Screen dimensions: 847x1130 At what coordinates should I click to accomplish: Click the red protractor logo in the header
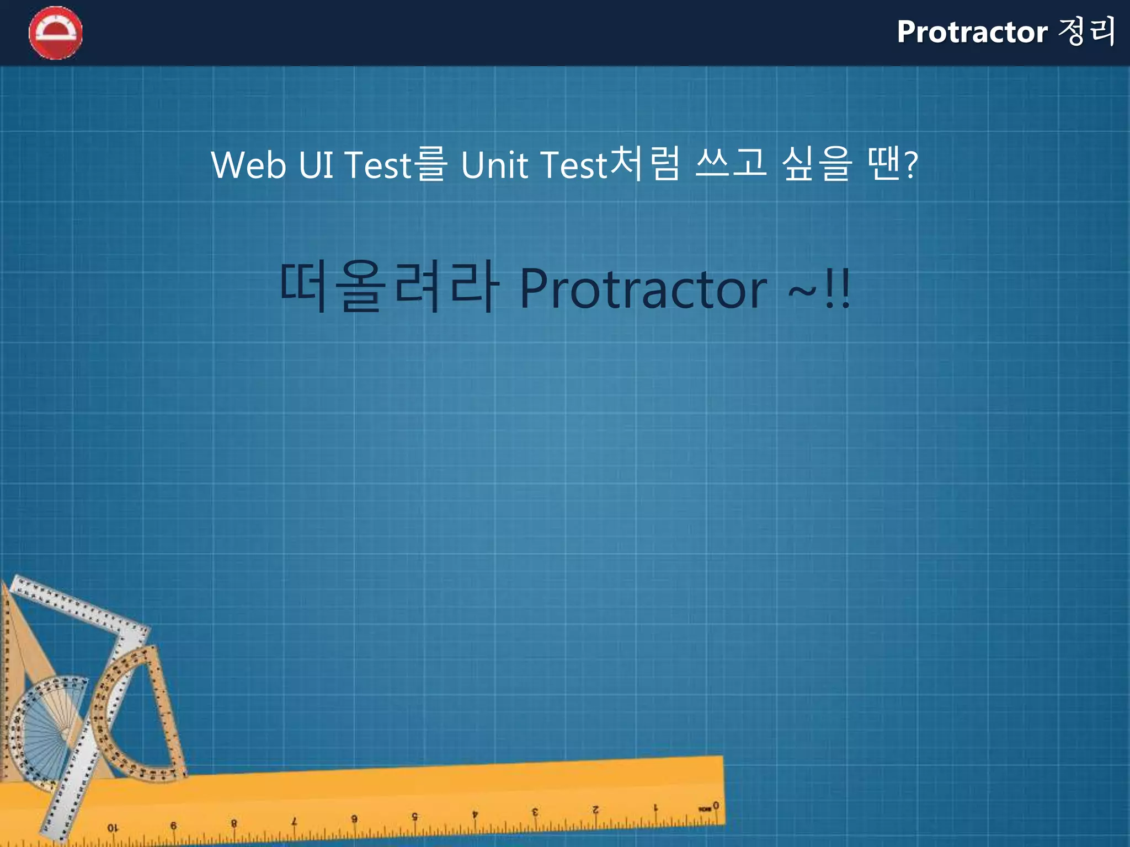55,33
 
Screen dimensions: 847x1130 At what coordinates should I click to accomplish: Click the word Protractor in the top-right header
972,32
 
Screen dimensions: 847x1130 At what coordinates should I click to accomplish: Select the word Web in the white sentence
248,165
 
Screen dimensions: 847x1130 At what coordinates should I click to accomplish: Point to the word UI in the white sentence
316,165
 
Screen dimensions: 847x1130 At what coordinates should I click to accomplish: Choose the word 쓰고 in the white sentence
731,164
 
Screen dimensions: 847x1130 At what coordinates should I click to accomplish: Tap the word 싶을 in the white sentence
817,164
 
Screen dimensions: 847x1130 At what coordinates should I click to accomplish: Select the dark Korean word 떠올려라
389,287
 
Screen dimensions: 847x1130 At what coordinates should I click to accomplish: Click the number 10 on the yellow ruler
113,828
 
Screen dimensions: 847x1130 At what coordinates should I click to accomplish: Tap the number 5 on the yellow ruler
414,817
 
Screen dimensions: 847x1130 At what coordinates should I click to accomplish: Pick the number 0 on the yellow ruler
716,806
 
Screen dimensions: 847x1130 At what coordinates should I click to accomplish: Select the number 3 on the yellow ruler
535,812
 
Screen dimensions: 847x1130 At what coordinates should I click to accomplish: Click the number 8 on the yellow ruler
234,823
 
